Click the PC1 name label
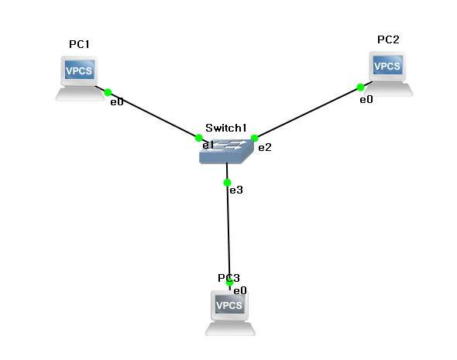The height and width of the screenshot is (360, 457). (79, 44)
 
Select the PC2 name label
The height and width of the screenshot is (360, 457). (388, 39)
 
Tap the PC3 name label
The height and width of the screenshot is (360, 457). (228, 278)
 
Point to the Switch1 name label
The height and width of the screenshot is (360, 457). (226, 128)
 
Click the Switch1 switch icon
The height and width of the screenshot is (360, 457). (226, 151)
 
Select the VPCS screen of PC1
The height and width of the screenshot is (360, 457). (80, 70)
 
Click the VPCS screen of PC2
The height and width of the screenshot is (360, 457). (387, 66)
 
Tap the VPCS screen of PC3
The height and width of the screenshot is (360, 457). (229, 305)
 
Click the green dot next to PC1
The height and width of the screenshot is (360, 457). (108, 92)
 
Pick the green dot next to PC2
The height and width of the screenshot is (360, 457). (360, 87)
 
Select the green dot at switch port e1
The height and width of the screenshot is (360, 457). (199, 138)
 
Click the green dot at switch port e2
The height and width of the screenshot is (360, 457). (254, 138)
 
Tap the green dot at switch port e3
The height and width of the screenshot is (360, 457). (227, 183)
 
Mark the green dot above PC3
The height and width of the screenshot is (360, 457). (230, 282)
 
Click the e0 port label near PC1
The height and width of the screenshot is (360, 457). (117, 102)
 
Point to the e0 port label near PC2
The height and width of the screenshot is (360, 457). (366, 100)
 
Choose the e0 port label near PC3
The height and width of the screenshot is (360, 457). (240, 290)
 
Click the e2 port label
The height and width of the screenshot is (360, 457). (265, 147)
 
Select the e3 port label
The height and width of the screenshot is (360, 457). (236, 190)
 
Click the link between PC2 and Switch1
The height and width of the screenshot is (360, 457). (308, 113)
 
